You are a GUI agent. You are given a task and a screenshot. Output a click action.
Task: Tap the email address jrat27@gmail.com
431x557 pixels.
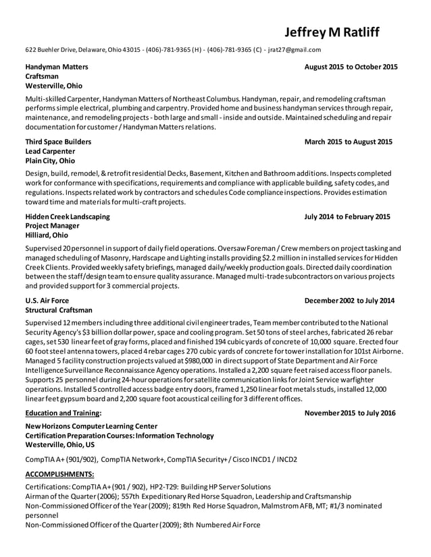tap(295, 49)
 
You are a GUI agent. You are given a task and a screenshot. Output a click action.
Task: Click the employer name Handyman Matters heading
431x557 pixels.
tap(57, 67)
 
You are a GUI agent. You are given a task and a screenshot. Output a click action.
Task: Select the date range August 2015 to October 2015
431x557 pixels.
tap(351, 67)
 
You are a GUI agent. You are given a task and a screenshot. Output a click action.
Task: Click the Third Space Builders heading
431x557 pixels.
tap(58, 142)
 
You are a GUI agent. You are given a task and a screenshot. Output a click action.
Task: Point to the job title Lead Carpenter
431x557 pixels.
tap(50, 152)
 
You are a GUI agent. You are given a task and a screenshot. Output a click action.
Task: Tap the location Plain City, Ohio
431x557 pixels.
tap(50, 161)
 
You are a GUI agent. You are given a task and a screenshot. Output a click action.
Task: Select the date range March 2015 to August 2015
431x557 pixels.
tap(348, 142)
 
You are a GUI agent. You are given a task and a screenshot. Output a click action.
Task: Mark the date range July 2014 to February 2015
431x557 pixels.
tap(347, 217)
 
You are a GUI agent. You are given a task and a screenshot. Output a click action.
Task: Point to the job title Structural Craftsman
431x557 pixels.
tap(59, 310)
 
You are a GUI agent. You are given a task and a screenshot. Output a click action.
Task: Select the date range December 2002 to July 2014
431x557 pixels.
tap(349, 301)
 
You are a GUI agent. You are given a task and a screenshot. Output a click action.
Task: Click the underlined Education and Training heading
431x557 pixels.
tap(64, 413)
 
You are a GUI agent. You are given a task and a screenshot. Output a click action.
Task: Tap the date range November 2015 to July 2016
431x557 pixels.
tap(349, 413)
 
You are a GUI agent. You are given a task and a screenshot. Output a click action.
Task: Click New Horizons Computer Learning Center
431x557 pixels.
tap(91, 426)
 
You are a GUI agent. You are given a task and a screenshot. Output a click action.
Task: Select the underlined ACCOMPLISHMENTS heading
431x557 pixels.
tap(59, 474)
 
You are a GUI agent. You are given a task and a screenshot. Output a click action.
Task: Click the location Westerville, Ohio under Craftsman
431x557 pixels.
tap(54, 86)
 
